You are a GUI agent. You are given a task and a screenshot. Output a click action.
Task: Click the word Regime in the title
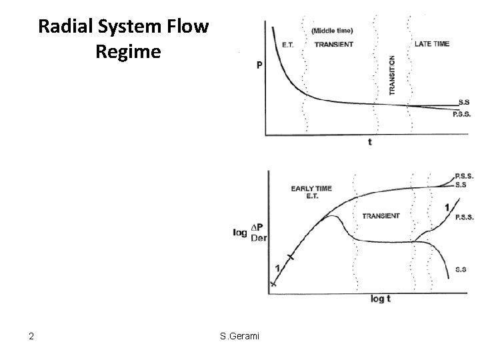128,51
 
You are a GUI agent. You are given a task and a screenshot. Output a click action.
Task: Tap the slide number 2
31,336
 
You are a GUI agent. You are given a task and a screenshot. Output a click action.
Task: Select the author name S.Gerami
240,336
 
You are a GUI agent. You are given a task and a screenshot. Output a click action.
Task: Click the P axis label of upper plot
259,65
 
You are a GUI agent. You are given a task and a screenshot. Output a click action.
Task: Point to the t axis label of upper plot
369,142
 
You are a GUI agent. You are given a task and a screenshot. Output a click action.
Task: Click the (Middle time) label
332,31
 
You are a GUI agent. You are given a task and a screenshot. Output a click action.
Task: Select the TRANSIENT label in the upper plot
335,45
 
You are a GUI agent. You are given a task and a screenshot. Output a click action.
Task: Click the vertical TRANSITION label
393,75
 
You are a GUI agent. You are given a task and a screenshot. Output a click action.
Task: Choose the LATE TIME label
432,44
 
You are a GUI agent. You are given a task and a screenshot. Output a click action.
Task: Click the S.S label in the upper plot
465,103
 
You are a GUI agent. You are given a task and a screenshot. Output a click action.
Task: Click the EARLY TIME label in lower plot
311,189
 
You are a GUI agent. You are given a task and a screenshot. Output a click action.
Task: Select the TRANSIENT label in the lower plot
381,216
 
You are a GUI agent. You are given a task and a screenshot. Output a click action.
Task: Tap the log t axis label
380,299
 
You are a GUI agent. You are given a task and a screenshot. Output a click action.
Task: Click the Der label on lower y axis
259,238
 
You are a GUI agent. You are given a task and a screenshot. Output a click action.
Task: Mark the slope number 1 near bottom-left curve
277,267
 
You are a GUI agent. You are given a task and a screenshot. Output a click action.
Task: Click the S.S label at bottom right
461,269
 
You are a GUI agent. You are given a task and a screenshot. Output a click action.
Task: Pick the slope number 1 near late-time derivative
446,209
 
